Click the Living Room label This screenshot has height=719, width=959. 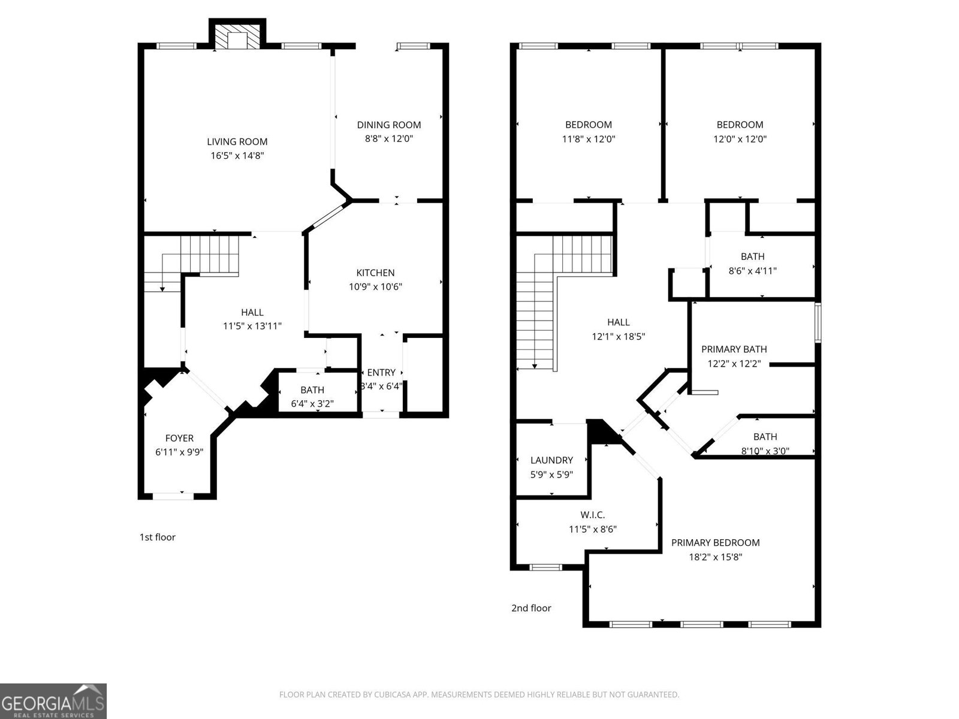pos(237,142)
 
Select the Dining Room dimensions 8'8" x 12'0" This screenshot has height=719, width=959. pos(389,138)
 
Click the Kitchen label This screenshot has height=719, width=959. pos(375,273)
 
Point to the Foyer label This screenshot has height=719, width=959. pos(179,438)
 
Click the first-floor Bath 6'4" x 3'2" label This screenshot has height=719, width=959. pos(312,390)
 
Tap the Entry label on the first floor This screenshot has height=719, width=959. pos(381,373)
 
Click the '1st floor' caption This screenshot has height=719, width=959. pos(157,537)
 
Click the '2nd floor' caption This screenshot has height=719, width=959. pos(531,608)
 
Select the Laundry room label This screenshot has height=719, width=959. pos(551,460)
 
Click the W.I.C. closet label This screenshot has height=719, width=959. pos(592,515)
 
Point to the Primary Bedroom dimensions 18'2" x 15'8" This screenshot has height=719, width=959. pos(715,557)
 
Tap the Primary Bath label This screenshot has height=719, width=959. pos(734,349)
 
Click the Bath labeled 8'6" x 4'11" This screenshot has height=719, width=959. pos(752,256)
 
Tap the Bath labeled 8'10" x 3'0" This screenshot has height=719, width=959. pos(765,437)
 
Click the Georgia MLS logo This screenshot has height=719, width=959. pos(53,701)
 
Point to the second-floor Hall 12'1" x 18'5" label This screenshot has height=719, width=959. pos(618,322)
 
